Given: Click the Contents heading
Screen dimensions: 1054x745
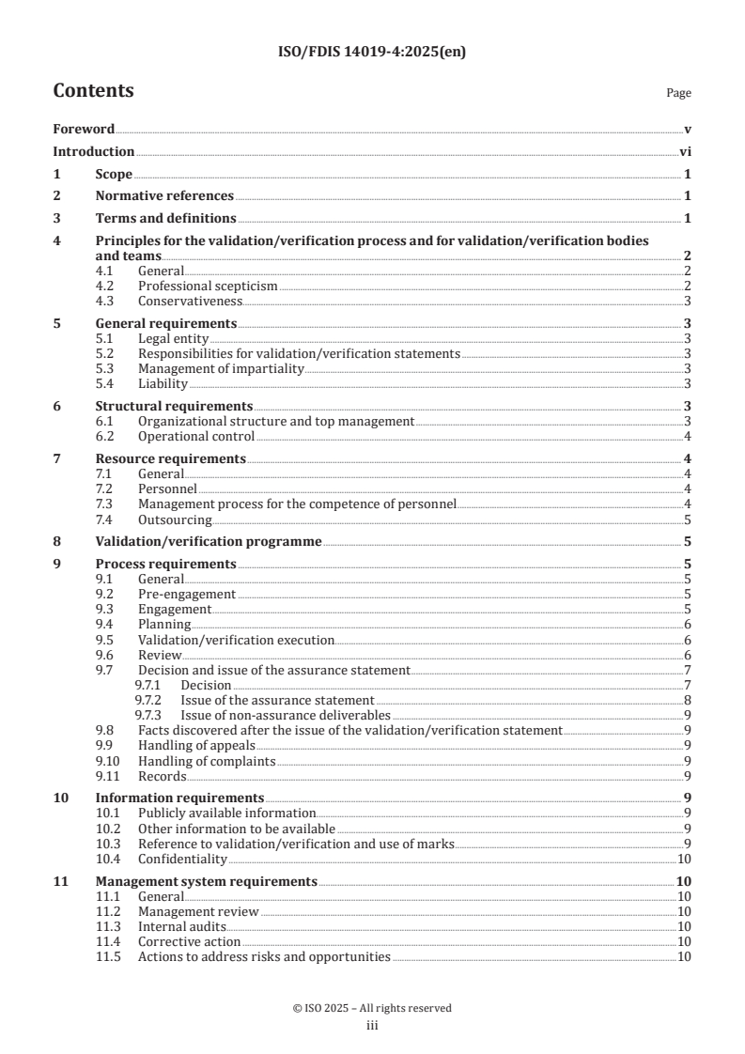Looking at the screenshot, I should coord(93,91).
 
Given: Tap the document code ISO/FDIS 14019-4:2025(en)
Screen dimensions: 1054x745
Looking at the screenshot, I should coord(372,53).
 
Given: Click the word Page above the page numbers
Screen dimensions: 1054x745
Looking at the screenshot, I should coord(678,93).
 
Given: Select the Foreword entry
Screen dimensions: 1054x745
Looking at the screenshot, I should coord(84,130).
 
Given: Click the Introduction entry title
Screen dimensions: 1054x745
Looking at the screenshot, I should coord(93,151).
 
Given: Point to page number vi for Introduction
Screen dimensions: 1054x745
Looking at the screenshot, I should coord(686,151).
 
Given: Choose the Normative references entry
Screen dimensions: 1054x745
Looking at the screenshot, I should coord(164,195).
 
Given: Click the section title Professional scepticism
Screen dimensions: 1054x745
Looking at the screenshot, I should coord(208,286).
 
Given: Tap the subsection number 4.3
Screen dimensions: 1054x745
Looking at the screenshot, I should coord(107,301).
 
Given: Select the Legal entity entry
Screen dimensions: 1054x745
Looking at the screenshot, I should coord(173,338).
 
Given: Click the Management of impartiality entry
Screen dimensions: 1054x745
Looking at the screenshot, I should coord(221,369).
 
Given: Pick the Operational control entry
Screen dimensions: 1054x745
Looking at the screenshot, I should coord(195,436).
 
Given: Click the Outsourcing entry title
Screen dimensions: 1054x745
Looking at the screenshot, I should coord(175,519).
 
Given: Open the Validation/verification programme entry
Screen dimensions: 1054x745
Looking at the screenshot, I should coord(209,541).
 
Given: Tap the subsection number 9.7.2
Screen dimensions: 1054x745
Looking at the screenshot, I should coord(147,701).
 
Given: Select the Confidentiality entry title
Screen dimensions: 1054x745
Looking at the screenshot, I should coord(182,859).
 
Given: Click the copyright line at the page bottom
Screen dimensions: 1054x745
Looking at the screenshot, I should coord(372,1008).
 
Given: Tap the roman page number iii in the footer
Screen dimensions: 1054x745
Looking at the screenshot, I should coord(372,1026).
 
